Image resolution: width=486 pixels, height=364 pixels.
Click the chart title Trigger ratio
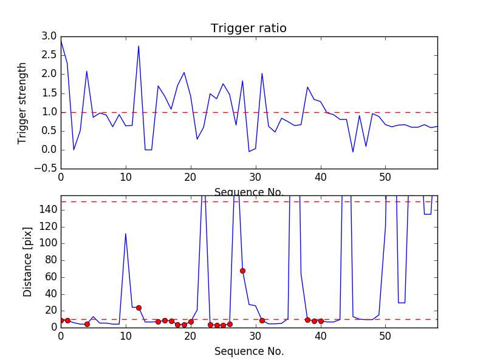coord(248,29)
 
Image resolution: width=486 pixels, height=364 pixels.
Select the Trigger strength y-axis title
coord(22,103)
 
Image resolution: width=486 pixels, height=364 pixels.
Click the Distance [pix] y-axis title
coord(28,261)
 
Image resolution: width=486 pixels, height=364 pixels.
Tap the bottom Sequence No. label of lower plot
coord(248,351)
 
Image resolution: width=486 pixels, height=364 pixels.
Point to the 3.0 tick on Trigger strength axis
coord(49,36)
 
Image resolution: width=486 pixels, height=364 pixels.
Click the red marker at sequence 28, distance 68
coord(242,271)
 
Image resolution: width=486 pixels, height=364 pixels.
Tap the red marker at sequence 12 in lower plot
coord(139,308)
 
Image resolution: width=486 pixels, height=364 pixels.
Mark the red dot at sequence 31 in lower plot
coord(262,320)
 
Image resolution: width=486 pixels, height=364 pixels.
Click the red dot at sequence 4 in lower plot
coord(87,324)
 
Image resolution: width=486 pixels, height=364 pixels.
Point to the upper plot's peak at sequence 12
coord(139,46)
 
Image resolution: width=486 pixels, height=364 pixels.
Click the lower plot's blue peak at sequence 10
coord(126,234)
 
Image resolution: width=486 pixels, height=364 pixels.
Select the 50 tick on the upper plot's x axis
coord(385,178)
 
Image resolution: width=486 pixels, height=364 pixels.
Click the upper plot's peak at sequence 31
coord(262,73)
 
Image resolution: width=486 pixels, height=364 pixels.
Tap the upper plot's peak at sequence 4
coord(87,71)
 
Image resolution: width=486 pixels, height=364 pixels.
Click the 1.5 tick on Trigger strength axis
coord(49,93)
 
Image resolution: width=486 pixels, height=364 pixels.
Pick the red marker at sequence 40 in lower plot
coord(321,321)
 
